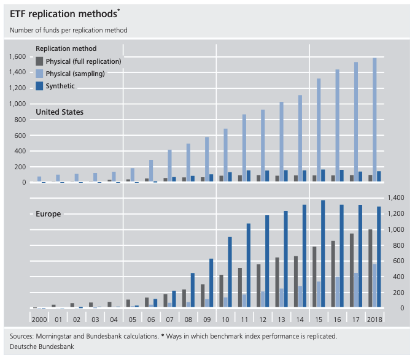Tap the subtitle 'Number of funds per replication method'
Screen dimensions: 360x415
pos(69,29)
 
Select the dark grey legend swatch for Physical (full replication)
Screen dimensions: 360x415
pos(40,61)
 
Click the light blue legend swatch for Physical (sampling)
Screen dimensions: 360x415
pos(40,74)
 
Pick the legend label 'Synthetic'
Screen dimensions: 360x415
pos(60,86)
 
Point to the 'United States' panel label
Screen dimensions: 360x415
pos(60,112)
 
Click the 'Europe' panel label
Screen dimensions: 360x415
pos(47,214)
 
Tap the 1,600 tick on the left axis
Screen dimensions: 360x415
pos(17,57)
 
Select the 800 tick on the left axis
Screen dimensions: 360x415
pos(20,120)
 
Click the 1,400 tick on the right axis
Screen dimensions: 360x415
pos(394,198)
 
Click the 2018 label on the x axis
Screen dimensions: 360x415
pos(374,320)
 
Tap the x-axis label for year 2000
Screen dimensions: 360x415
pos(39,320)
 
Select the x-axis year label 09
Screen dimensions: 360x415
pos(206,320)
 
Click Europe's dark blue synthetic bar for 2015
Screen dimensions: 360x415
pos(324,254)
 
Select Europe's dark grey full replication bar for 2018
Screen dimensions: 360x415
pos(370,269)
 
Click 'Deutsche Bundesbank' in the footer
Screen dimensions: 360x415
pos(40,347)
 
